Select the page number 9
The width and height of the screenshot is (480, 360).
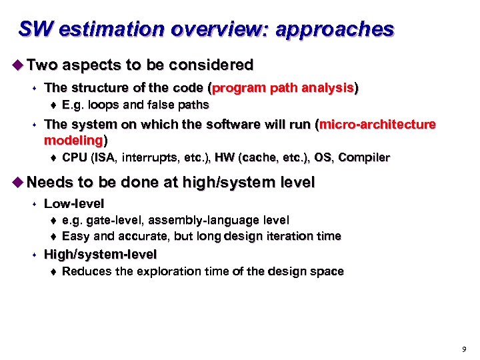point(464,349)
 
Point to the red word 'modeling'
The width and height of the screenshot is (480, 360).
point(73,140)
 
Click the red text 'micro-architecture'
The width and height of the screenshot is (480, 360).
point(378,125)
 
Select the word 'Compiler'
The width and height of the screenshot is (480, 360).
point(364,158)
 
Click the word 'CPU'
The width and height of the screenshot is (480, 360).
point(74,158)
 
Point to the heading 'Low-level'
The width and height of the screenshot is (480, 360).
point(73,203)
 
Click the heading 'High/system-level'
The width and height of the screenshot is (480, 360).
point(100,254)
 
